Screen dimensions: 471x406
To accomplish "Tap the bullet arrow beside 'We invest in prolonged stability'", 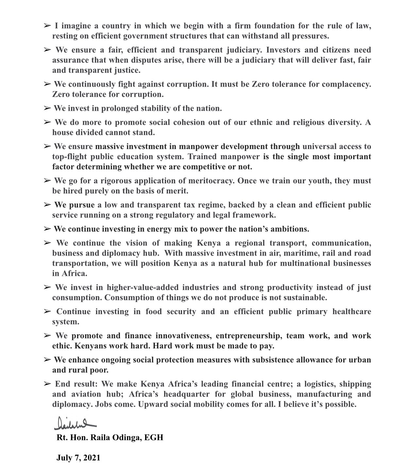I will click(x=47, y=108).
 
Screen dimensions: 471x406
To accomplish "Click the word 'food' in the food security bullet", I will click(x=154, y=311).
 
